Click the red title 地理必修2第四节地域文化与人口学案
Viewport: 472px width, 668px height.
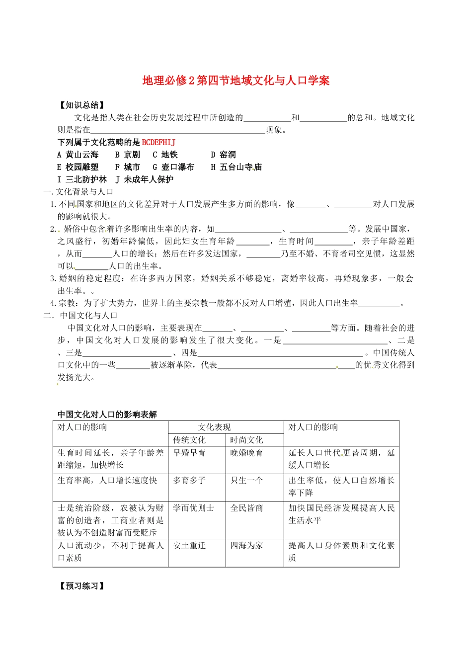click(236, 81)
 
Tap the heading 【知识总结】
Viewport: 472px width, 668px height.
click(82, 105)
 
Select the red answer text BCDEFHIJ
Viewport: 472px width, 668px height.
click(158, 143)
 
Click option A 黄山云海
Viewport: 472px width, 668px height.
click(78, 155)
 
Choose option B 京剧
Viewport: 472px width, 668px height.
click(128, 155)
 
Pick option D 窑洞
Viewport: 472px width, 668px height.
click(223, 155)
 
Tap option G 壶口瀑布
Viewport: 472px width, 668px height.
click(173, 167)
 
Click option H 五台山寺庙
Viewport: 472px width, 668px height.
click(236, 167)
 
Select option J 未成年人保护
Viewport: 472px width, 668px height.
click(145, 180)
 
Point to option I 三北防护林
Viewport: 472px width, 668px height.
click(82, 180)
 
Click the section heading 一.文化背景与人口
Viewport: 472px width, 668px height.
click(79, 192)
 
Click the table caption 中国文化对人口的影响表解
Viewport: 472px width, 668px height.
click(107, 415)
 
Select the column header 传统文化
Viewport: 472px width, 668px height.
click(189, 440)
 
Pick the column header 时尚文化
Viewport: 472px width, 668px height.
click(246, 440)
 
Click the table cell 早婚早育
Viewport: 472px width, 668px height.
click(189, 453)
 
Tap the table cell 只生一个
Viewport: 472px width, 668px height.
click(246, 481)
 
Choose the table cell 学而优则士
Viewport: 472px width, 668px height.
click(193, 508)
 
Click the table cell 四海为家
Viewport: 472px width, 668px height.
click(246, 546)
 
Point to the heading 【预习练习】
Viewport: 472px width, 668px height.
click(82, 586)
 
